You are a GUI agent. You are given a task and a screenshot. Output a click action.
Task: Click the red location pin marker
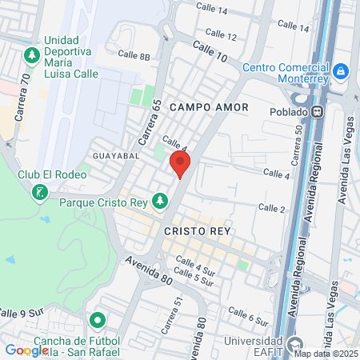[x=180, y=166]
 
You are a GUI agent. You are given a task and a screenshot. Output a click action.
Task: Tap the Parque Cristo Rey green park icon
[x=161, y=199]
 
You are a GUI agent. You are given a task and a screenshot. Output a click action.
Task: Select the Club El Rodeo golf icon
[x=39, y=193]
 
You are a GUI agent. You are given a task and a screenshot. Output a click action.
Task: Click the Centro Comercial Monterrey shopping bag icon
[x=341, y=71]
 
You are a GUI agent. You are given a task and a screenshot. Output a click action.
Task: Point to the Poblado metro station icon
[x=318, y=112]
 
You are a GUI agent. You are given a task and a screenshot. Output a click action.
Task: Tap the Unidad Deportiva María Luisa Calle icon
[x=32, y=55]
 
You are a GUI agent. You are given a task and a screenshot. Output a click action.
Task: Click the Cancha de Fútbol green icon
[x=98, y=321]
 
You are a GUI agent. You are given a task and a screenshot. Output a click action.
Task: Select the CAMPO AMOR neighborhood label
[x=210, y=106]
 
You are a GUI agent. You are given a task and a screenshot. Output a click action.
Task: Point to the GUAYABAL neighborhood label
[x=116, y=154]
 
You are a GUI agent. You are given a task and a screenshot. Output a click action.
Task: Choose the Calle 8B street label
[x=134, y=56]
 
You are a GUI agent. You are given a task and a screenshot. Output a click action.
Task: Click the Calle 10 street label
[x=209, y=54]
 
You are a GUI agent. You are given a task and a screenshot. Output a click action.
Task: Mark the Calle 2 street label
[x=271, y=209]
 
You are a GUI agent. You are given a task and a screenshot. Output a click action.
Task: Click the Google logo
[x=26, y=350]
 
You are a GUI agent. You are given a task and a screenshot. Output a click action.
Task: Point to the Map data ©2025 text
[x=326, y=353]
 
